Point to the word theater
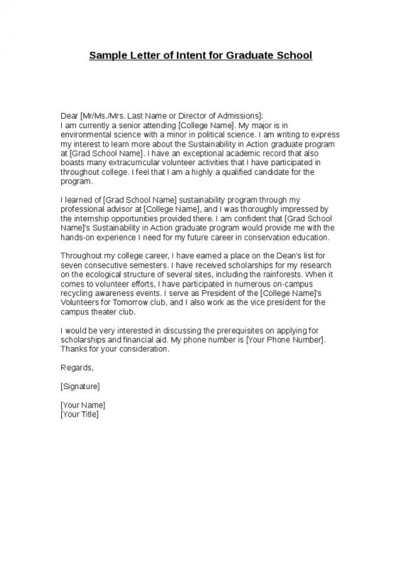tap(105, 312)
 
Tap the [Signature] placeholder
tap(80, 386)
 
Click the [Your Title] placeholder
tap(80, 414)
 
